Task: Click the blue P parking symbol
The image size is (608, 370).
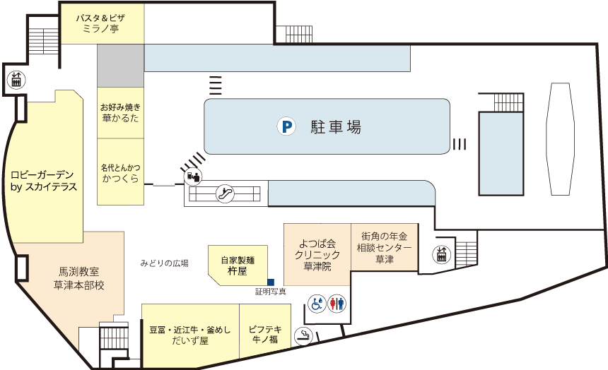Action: point(286,128)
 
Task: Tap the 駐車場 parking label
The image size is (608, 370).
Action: point(336,128)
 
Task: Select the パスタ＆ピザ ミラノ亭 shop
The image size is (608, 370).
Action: point(100,24)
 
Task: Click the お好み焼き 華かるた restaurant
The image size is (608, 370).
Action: point(120,112)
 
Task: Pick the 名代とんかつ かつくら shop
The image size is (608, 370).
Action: point(120,174)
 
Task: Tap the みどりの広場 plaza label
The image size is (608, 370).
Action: point(164,263)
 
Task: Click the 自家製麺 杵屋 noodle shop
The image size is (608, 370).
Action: point(237,265)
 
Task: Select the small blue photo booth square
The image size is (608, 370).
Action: point(270,282)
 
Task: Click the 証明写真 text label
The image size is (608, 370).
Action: point(271,292)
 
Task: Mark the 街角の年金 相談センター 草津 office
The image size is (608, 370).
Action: point(384,247)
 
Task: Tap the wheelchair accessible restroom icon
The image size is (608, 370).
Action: point(317,304)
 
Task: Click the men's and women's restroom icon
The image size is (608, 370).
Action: point(337,304)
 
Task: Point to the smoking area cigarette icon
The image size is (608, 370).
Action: point(304,336)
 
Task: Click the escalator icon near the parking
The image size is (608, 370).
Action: point(226,191)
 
